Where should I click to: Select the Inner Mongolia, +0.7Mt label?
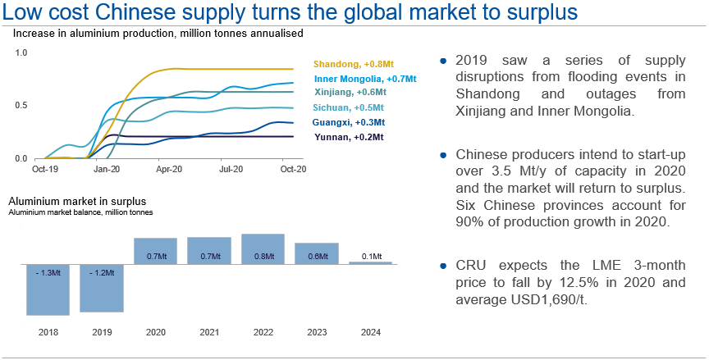coord(363,79)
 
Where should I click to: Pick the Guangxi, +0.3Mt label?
coord(349,122)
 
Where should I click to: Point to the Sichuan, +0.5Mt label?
coord(349,107)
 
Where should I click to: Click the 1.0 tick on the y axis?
coord(21,52)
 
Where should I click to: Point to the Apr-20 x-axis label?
coord(169,170)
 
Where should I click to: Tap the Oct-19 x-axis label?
coord(44,170)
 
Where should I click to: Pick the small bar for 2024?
coord(370,262)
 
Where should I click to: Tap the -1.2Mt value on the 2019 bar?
coord(102,273)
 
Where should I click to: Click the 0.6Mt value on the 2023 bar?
coord(317,257)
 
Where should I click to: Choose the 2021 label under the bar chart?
coord(209,333)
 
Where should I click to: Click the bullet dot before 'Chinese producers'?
coord(444,153)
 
